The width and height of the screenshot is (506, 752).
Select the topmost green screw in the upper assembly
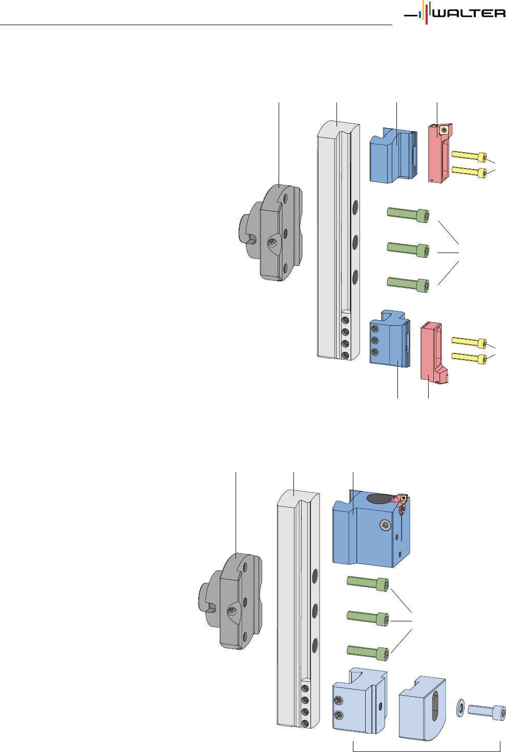408,215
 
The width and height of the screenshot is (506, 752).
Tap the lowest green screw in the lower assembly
369,651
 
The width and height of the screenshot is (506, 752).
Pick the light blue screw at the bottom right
487,711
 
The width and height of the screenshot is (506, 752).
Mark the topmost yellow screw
469,156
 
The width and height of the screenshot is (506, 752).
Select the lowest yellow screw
469,357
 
